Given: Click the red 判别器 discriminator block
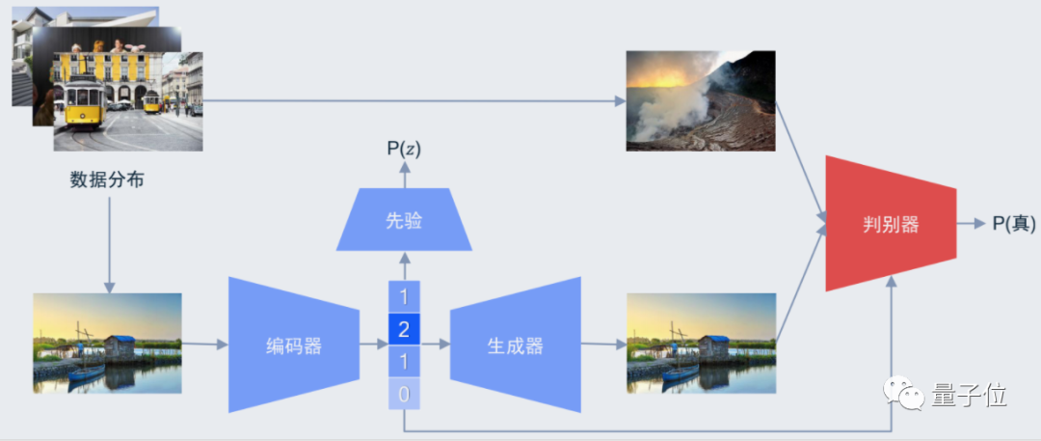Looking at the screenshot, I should pos(890,224).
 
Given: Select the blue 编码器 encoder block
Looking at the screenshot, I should pos(294,345).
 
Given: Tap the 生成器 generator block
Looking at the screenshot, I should pos(515,345).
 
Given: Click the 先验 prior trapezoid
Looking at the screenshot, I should pos(404,220).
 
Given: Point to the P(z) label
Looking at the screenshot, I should pos(404,149).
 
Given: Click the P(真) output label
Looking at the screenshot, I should pos(1013,224).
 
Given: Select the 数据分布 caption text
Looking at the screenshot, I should pos(107,179).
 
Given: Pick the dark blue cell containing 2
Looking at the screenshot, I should pos(404,330).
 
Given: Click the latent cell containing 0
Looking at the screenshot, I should pos(404,394).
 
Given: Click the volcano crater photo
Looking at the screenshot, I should pos(700,100).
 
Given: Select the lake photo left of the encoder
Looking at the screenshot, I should pos(107,343).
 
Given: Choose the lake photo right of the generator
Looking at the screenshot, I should pos(700,343).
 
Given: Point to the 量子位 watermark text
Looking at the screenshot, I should pos(968,396).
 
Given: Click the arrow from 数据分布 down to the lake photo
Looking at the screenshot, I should pos(109,241).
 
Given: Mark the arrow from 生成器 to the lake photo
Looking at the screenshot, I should pos(603,344).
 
